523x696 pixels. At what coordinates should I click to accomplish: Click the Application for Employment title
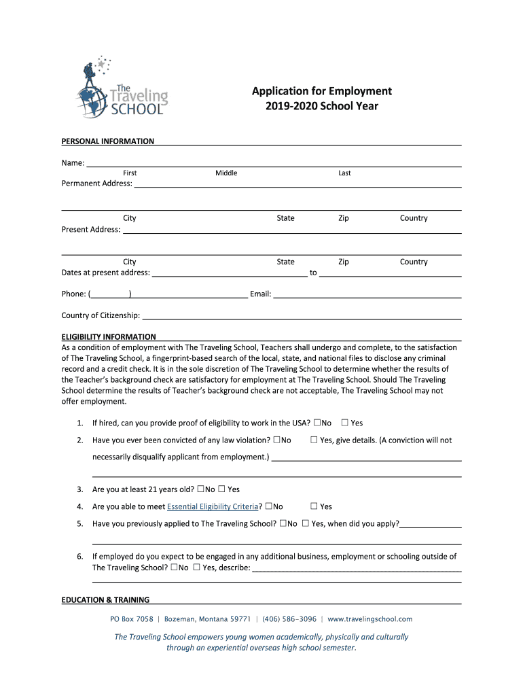coord(322,91)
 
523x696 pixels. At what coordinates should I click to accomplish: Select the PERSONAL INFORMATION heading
coord(108,141)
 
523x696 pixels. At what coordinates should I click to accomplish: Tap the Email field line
coord(367,295)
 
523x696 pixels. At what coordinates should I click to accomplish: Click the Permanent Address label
coord(97,184)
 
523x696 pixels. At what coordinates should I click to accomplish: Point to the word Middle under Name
coord(226,173)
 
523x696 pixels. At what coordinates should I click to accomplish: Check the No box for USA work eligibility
coord(317,423)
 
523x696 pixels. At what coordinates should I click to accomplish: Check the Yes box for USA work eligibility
coord(345,423)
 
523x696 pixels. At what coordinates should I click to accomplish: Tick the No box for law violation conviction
coord(276,440)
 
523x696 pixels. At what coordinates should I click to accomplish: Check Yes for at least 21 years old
coord(223,489)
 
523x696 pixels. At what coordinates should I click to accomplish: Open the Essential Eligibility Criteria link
coord(213,506)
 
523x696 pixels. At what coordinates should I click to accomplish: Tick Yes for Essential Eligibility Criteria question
coord(314,506)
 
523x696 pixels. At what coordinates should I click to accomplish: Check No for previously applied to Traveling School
coord(283,524)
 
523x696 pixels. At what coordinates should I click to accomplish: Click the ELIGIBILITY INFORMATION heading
coord(109,337)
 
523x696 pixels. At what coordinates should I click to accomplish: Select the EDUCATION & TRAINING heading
coord(105,600)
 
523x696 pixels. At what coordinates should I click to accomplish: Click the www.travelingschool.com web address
coord(370,619)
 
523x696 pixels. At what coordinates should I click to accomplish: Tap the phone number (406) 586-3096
coord(289,619)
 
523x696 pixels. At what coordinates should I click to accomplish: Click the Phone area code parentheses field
coord(111,295)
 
